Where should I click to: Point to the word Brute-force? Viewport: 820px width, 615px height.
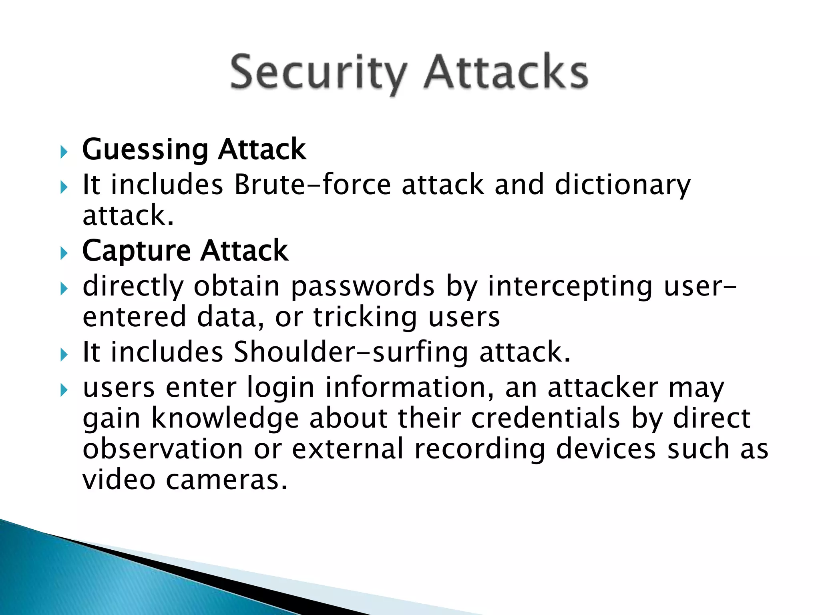point(312,185)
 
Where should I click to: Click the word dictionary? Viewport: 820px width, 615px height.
point(623,185)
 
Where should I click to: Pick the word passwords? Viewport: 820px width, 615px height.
point(362,287)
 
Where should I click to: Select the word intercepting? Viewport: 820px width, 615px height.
point(570,287)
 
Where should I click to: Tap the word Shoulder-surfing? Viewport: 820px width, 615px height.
point(350,352)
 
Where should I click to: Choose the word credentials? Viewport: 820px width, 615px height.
point(545,418)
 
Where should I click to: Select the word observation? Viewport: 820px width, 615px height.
point(163,449)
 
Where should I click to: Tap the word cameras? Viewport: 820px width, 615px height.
point(226,479)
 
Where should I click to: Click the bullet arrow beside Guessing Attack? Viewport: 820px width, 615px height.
point(64,152)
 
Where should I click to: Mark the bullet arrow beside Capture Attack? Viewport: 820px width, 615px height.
point(64,253)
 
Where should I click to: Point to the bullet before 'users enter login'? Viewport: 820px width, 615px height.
point(64,390)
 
